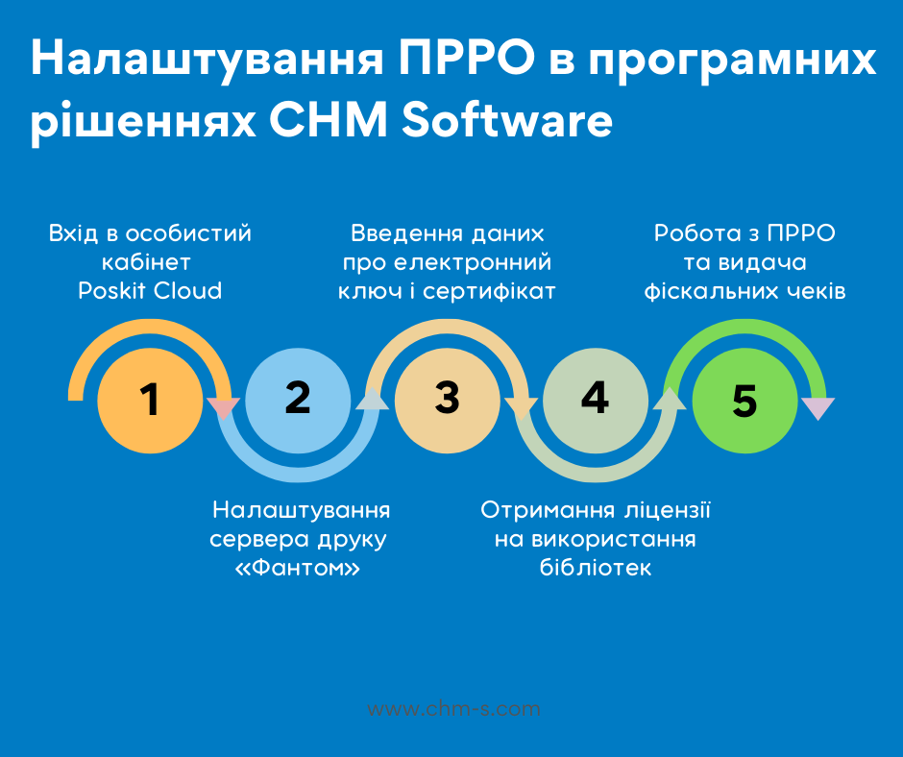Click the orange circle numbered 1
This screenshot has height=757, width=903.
150,401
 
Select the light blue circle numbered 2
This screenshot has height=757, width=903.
298,401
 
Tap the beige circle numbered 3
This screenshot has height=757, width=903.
448,401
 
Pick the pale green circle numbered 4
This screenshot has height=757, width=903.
596,401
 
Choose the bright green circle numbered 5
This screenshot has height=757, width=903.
744,401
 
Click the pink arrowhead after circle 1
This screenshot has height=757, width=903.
224,408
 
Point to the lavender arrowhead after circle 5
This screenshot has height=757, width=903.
818,408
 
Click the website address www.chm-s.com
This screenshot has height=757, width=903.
453,709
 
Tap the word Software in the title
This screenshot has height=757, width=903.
507,120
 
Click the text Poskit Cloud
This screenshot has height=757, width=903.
150,291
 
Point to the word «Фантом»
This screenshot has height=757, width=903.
298,568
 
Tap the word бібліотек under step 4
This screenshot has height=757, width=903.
596,568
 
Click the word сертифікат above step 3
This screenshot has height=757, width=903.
489,291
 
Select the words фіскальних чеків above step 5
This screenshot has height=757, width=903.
744,291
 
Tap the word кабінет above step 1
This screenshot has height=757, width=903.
146,262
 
